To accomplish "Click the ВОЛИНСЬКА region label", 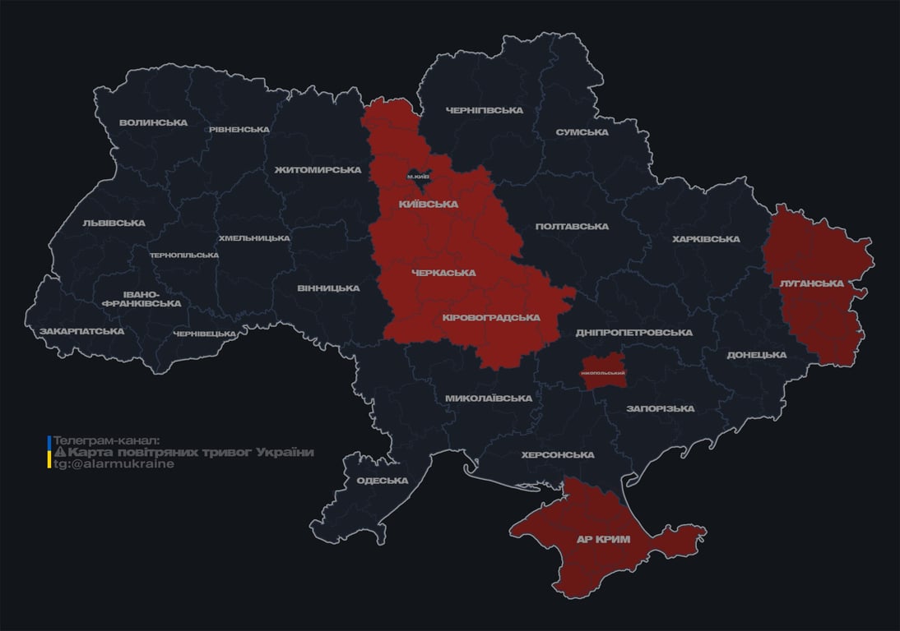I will point(153,123).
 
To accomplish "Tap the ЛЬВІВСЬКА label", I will point(114,223).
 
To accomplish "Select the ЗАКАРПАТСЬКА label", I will point(81,331).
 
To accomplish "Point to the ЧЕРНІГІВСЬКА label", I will point(484,110).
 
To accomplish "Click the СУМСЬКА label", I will point(582,132).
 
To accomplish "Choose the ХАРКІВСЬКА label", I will point(705,239).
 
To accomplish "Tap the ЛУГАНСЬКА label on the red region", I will point(811,283).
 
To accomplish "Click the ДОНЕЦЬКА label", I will point(756,355).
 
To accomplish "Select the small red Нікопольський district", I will point(603,368).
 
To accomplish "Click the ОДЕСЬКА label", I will point(382,481).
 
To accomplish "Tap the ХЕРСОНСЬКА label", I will point(557,454).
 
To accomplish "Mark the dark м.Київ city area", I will point(420,177).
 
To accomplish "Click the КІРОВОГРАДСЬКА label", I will point(490,317).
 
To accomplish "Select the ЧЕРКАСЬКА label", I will point(443,273).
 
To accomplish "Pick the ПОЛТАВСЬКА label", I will point(572,226).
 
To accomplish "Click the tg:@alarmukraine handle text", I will point(114,463).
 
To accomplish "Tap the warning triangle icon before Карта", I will point(59,452).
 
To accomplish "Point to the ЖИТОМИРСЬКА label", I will point(318,170).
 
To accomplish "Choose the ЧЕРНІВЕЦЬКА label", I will point(204,334).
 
